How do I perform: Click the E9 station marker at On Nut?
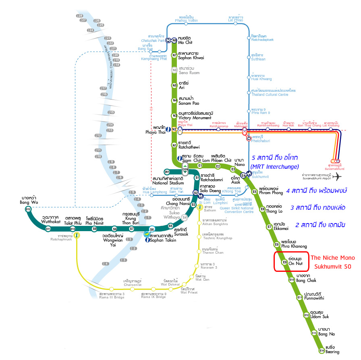tap(284, 262)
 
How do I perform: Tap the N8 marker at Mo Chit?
tap(174, 40)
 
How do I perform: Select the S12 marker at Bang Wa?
tap(28, 209)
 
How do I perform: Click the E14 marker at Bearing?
tap(322, 350)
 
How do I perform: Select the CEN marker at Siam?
tap(185, 169)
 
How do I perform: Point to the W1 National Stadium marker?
tap(167, 172)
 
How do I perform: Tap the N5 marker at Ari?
tap(174, 85)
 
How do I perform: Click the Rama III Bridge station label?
tap(112, 295)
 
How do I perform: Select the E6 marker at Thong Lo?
tap(262, 209)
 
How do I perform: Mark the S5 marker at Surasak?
tap(170, 226)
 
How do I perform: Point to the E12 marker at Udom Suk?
tap(307, 315)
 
